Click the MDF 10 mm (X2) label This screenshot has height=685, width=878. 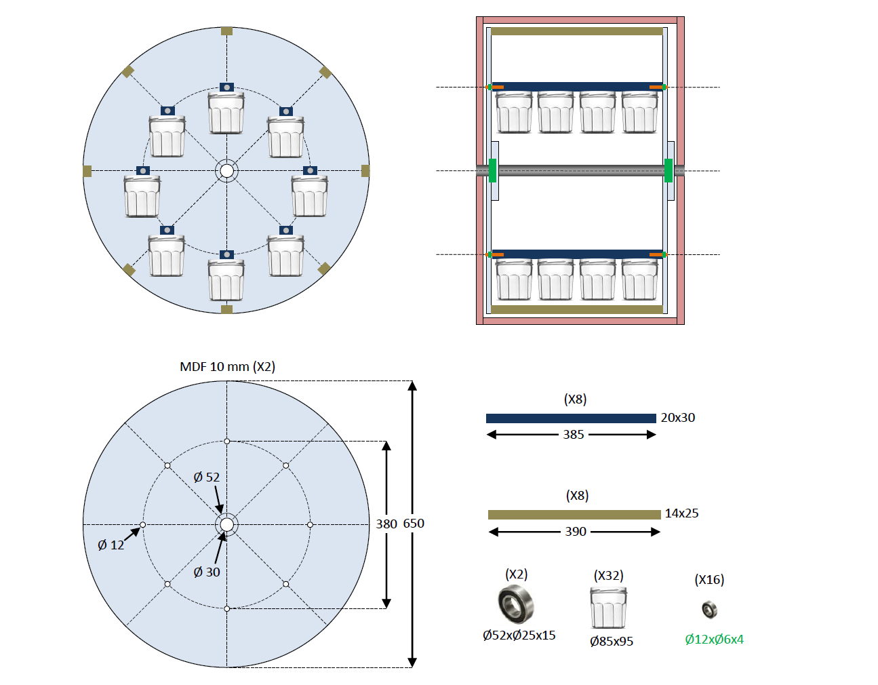coord(227,367)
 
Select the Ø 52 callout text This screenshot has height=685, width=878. coord(206,477)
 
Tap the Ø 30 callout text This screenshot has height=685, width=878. coord(206,572)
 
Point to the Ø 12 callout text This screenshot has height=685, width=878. coord(111,545)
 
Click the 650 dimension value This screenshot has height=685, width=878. coord(414,524)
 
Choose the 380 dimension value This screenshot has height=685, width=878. coord(386,524)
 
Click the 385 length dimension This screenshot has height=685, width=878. coord(573,435)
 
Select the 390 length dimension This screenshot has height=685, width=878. coord(576,532)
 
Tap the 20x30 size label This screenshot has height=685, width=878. coord(677,418)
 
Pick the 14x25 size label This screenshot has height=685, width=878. coord(681,513)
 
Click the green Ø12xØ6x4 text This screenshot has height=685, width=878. coord(714,640)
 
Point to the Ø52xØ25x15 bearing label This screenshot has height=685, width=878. coord(519,635)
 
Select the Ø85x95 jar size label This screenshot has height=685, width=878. coord(612,642)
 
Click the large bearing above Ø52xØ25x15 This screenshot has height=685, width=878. coord(515,604)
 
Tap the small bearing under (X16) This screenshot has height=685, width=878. coord(709,609)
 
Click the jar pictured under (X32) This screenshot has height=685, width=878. coord(608,608)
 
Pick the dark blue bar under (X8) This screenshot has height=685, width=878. coord(571,418)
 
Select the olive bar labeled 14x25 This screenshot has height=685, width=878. coord(574,515)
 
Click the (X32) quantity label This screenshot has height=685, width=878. coord(608,576)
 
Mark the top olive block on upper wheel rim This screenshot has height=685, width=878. coord(226,31)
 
